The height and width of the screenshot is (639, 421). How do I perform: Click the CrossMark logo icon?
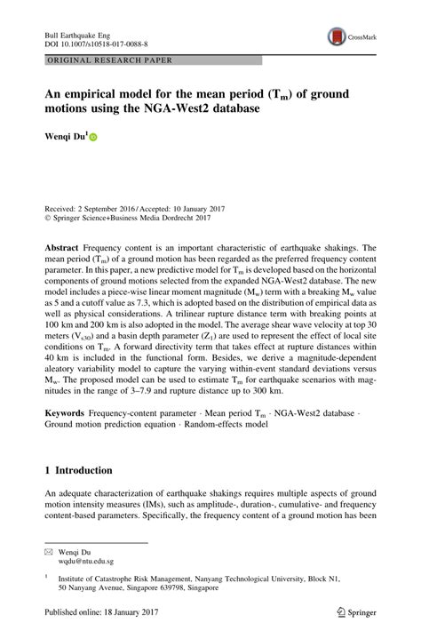point(338,36)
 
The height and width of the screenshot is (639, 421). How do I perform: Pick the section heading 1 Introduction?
point(79,470)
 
